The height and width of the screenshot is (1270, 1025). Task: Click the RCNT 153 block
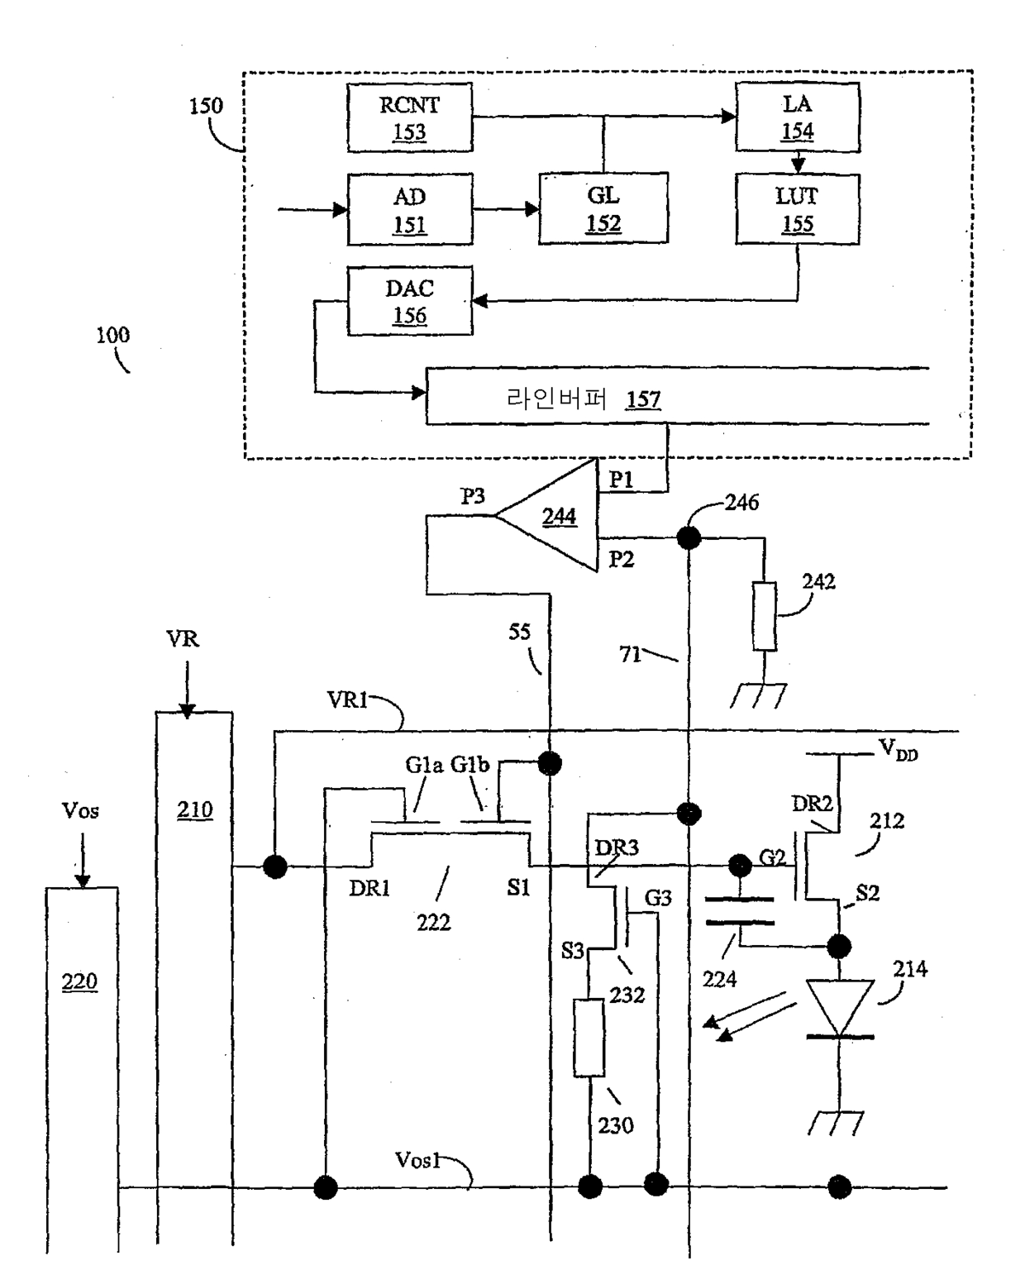(409, 117)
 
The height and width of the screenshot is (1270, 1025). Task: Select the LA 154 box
(797, 117)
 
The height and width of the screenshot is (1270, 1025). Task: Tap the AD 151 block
(409, 209)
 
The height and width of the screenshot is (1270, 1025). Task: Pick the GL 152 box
(603, 208)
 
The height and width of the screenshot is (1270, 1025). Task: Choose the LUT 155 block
(797, 209)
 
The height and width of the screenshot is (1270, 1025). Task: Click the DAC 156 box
(409, 301)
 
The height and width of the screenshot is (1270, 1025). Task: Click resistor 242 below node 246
(765, 616)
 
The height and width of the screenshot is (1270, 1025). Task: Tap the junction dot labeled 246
(689, 538)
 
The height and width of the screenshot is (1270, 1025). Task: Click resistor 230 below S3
(589, 1038)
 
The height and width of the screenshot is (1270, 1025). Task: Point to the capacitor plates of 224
(740, 910)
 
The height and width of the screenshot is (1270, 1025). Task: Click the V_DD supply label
(898, 750)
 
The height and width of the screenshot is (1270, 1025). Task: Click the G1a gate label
(423, 765)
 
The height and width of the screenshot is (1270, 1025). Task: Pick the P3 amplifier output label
(473, 496)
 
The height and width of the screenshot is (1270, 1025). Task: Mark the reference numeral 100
(112, 335)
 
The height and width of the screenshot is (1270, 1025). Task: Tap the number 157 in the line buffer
(643, 399)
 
